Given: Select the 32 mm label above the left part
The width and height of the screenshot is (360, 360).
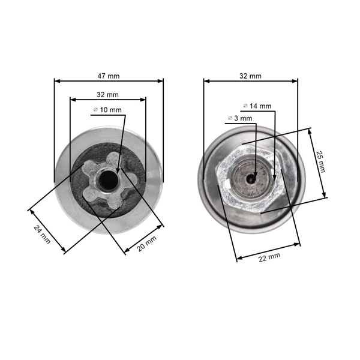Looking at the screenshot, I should click(108, 95).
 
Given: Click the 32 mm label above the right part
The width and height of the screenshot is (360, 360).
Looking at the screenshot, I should click(251, 76).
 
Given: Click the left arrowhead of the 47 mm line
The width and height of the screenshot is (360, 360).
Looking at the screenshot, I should click(56, 80).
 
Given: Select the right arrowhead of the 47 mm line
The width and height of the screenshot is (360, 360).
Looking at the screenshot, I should click(161, 80).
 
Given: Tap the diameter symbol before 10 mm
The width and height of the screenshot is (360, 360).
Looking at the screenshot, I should click(95, 110).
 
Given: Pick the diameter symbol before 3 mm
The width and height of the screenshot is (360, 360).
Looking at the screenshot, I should click(230, 119).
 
